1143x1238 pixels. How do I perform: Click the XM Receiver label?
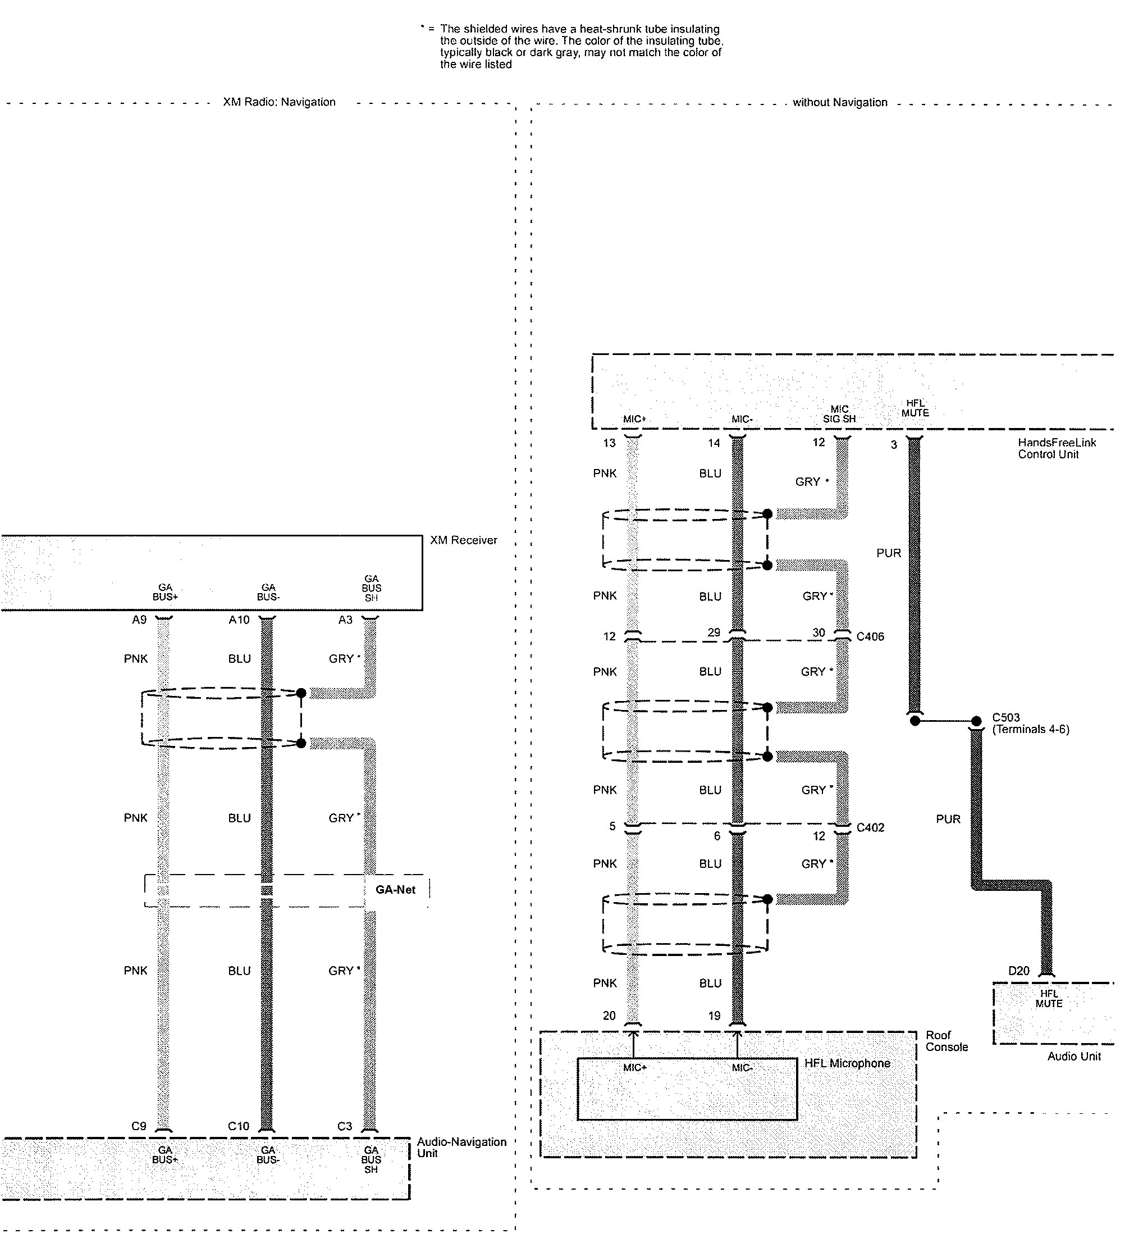point(463,540)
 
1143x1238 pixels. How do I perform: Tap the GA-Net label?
point(395,890)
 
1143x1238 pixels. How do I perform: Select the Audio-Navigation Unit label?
point(461,1147)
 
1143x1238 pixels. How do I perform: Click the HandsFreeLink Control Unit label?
point(1057,449)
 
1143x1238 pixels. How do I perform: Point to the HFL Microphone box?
point(687,1089)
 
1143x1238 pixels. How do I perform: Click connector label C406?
point(870,636)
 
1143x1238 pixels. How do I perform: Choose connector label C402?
point(870,828)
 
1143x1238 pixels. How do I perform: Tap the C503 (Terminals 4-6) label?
point(1030,723)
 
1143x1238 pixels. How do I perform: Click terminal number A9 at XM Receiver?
point(139,620)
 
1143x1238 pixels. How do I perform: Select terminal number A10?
point(239,620)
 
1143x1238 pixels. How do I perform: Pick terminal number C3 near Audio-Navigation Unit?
point(345,1126)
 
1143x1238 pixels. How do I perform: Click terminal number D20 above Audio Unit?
point(1019,971)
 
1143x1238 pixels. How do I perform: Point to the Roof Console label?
point(947,1041)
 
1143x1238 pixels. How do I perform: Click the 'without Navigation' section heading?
point(840,103)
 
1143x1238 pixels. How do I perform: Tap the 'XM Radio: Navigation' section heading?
point(279,102)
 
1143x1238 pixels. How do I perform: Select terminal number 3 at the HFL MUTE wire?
point(894,445)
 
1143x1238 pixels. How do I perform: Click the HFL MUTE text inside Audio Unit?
point(1049,999)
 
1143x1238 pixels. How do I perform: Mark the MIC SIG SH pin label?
point(839,414)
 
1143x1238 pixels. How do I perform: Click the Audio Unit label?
point(1074,1056)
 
